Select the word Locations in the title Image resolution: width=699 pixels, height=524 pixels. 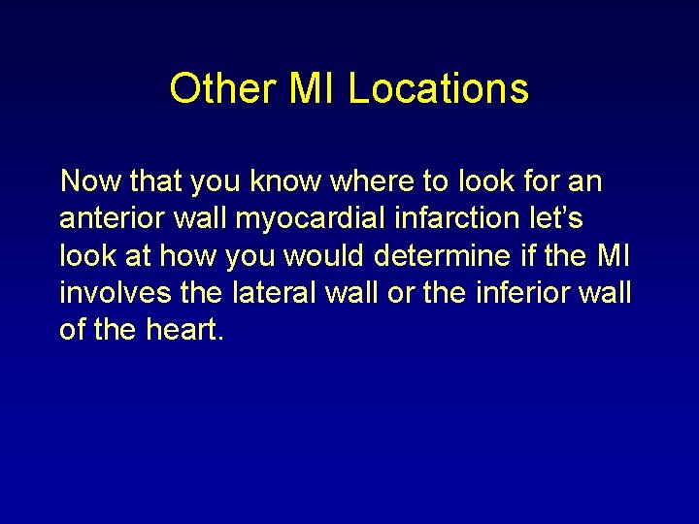point(438,88)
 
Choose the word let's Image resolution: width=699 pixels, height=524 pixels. point(558,218)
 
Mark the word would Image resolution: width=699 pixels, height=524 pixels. point(329,255)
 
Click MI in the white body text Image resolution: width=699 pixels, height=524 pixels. point(614,255)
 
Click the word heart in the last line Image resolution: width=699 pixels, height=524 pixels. point(186,330)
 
